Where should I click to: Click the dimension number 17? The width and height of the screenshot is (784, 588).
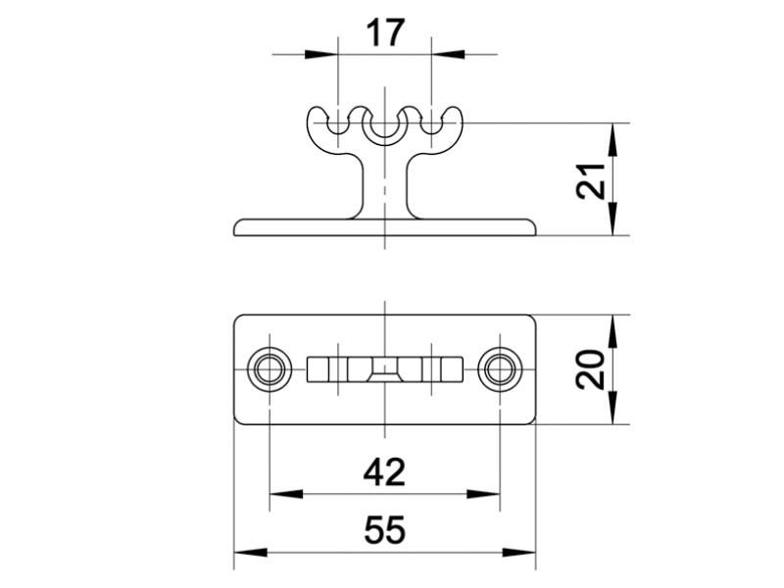coord(384,33)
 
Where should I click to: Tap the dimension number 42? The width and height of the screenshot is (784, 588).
coord(384,472)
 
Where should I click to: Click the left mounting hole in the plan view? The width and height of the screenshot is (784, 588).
coord(268,369)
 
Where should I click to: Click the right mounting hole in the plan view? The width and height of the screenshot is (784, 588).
coord(501,369)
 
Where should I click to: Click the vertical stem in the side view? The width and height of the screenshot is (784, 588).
coord(384,186)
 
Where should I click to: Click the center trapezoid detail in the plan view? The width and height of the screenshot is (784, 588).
coord(384,369)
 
